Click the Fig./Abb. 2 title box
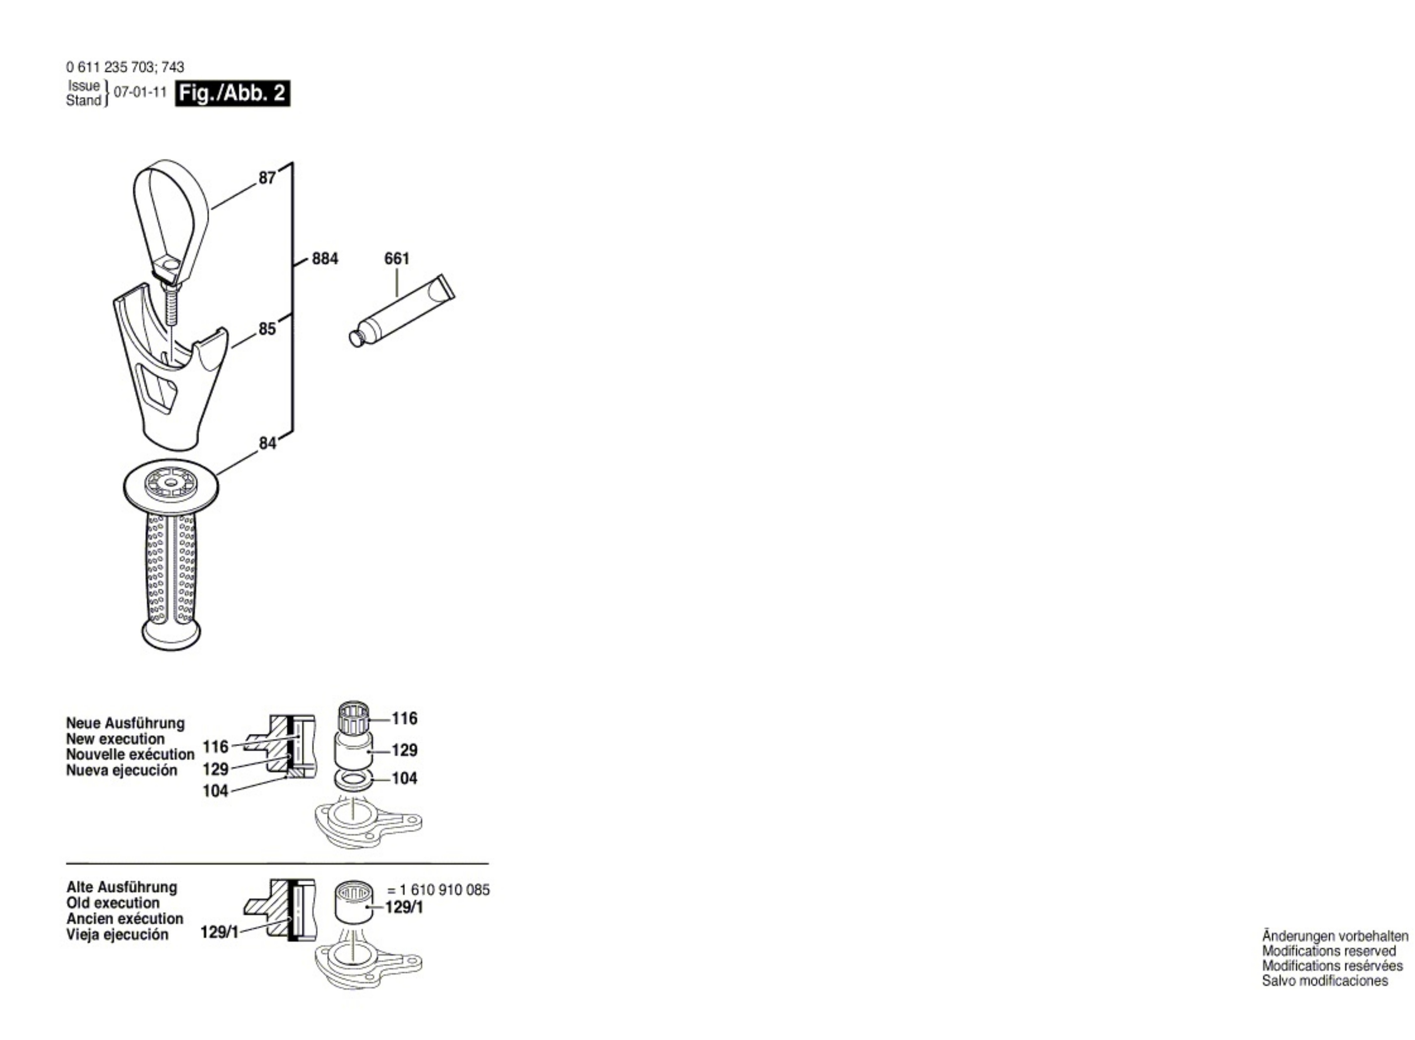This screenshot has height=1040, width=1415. (232, 93)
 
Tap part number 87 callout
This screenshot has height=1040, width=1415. (267, 178)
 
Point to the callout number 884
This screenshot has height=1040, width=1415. (325, 259)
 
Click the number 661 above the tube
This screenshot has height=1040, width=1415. (397, 259)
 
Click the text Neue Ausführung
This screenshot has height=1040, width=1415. (125, 723)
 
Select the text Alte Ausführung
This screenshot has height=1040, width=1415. (121, 887)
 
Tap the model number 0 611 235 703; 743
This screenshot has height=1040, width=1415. (125, 67)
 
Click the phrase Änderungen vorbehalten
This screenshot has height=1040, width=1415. (1335, 936)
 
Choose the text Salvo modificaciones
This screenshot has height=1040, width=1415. (1324, 981)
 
